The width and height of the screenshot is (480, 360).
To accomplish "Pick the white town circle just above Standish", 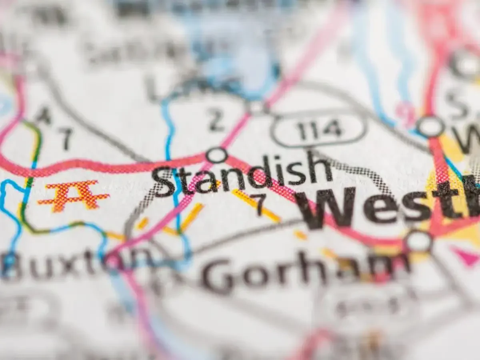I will pos(216,155).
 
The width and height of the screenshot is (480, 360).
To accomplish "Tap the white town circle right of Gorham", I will pos(418,241).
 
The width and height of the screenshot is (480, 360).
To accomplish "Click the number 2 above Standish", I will pos(216,120).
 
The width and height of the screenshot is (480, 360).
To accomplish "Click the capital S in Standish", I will pos(164,182).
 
